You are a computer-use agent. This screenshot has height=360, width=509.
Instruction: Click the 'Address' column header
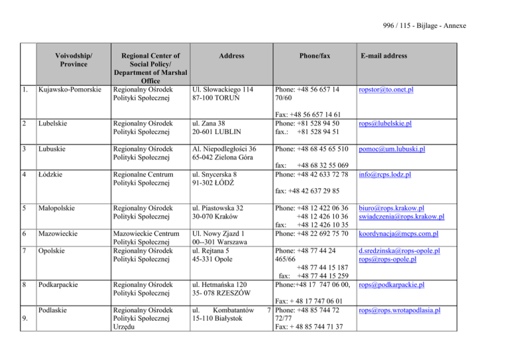tap(226, 56)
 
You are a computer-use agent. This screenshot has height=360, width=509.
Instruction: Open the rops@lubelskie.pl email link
tap(386, 123)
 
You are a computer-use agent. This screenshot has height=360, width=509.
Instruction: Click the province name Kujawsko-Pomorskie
tap(70, 89)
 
